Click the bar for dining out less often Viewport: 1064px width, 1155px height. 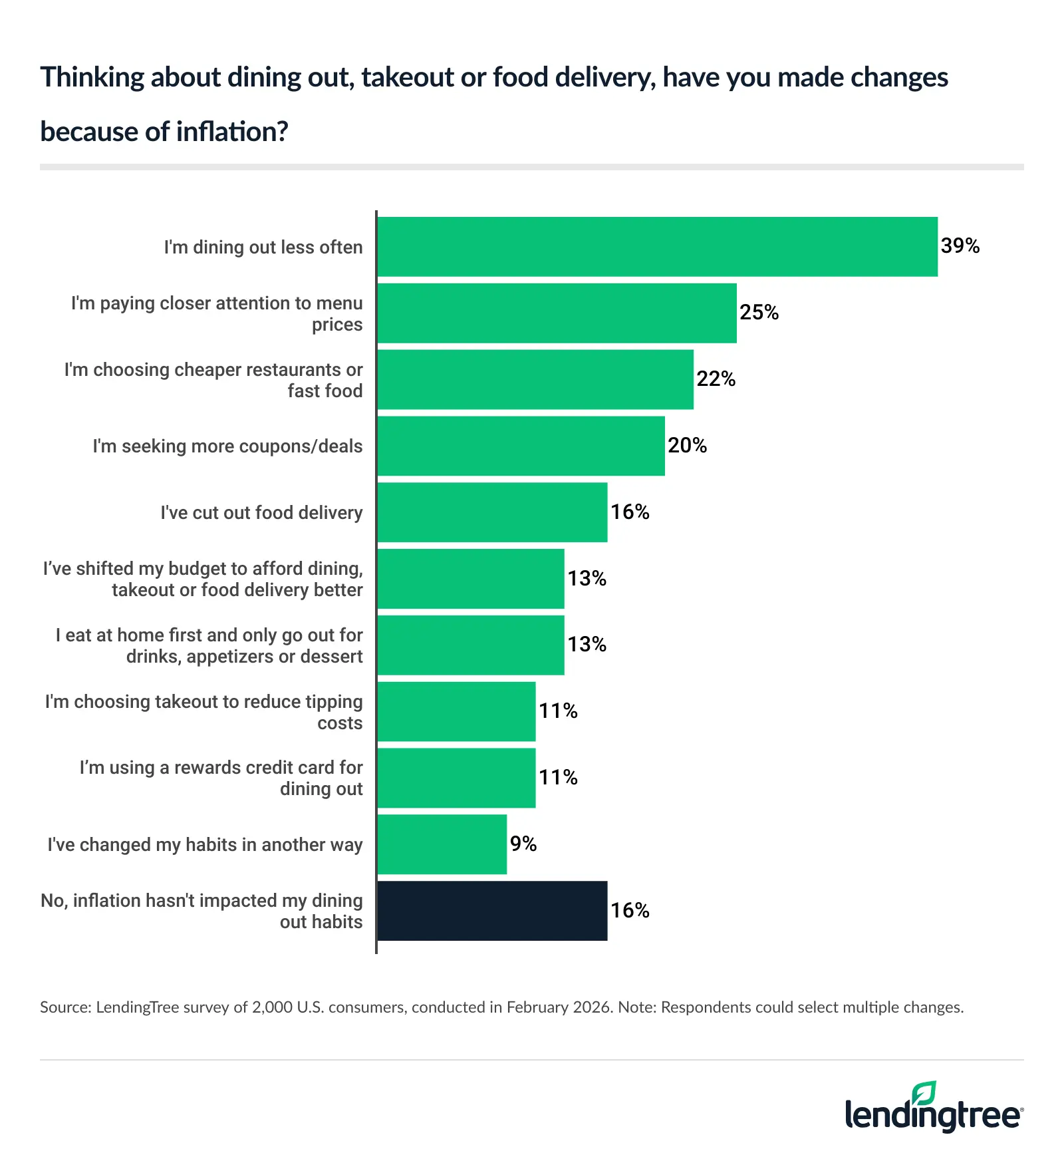coord(657,247)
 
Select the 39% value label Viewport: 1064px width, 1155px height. coord(960,246)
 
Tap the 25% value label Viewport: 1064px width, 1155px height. coord(759,313)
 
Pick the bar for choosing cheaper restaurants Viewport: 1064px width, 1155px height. coord(535,379)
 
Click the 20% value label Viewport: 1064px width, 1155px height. coord(687,446)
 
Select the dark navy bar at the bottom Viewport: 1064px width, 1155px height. coord(492,911)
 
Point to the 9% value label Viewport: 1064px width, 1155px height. coord(523,844)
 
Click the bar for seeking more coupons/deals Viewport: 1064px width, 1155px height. coord(521,446)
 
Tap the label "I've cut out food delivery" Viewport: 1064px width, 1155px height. coord(261,513)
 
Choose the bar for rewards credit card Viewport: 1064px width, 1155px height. coord(456,778)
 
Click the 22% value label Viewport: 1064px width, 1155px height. coord(716,379)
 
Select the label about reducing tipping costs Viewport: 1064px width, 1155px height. coord(203,712)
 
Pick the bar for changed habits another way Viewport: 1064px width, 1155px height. coord(442,844)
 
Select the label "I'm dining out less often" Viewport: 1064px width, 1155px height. coord(263,247)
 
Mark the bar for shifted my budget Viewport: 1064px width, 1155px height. coord(471,579)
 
